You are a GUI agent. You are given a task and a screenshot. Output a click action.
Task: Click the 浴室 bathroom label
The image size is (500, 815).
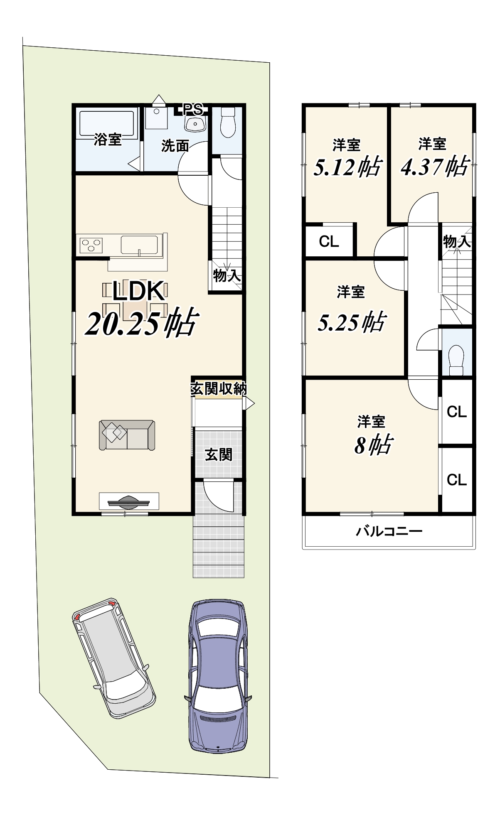click(x=108, y=140)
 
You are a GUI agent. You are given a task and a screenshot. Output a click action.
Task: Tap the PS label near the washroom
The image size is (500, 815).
click(x=193, y=109)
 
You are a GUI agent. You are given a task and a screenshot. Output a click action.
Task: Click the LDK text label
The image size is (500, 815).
click(x=138, y=292)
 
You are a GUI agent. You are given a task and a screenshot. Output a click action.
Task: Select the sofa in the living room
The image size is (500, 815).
click(x=127, y=435)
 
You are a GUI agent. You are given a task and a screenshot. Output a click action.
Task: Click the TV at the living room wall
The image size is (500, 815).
click(x=128, y=501)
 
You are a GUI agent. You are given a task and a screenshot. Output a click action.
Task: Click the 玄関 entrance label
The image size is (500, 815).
click(x=219, y=455)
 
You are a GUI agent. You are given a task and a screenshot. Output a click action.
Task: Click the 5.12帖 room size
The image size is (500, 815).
click(x=347, y=167)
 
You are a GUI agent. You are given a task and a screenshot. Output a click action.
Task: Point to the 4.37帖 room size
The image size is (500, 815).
click(x=435, y=167)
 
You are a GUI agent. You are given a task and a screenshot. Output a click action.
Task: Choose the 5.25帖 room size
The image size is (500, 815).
click(x=352, y=322)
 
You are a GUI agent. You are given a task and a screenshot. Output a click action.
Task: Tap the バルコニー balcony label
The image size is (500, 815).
click(x=389, y=531)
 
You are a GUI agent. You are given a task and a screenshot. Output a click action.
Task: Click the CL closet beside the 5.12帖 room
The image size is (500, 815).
click(x=329, y=241)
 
